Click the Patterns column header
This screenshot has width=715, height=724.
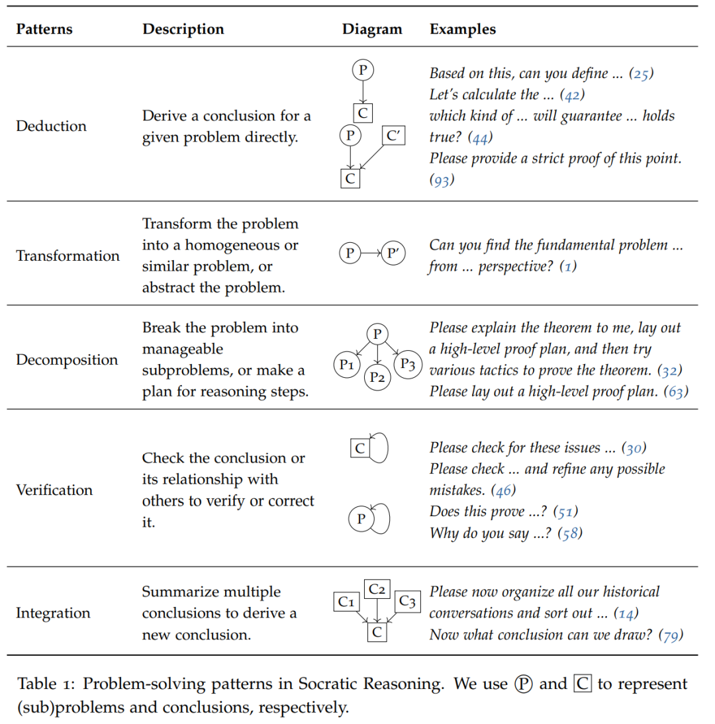pyautogui.click(x=44, y=30)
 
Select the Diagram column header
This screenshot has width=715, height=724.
pyautogui.click(x=372, y=30)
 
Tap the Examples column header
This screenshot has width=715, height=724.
pyautogui.click(x=463, y=30)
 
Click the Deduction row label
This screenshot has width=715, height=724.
pyautogui.click(x=51, y=126)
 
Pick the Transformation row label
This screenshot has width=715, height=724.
pyautogui.click(x=68, y=256)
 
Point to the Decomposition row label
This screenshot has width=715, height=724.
pyautogui.click(x=67, y=360)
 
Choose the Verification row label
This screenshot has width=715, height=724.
pyautogui.click(x=54, y=490)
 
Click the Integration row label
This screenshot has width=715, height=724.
pyautogui.click(x=53, y=613)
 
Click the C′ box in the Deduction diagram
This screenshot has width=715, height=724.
pyautogui.click(x=394, y=136)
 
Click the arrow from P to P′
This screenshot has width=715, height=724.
pyautogui.click(x=371, y=253)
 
